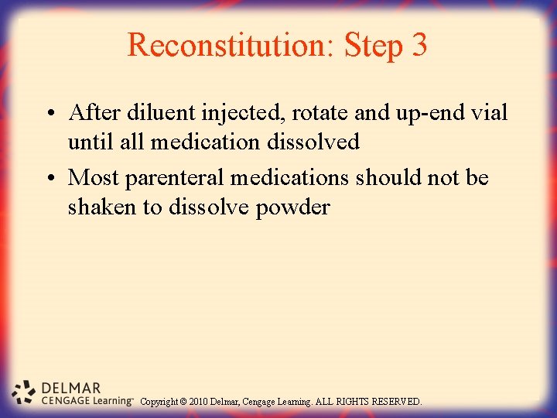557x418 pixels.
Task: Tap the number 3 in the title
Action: [x=419, y=45]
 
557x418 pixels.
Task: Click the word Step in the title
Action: [x=373, y=46]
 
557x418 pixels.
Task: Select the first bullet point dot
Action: [x=49, y=114]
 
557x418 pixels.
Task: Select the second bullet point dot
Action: [x=49, y=179]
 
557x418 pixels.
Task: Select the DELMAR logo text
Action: [x=70, y=386]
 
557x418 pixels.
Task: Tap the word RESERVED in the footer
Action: [x=395, y=402]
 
